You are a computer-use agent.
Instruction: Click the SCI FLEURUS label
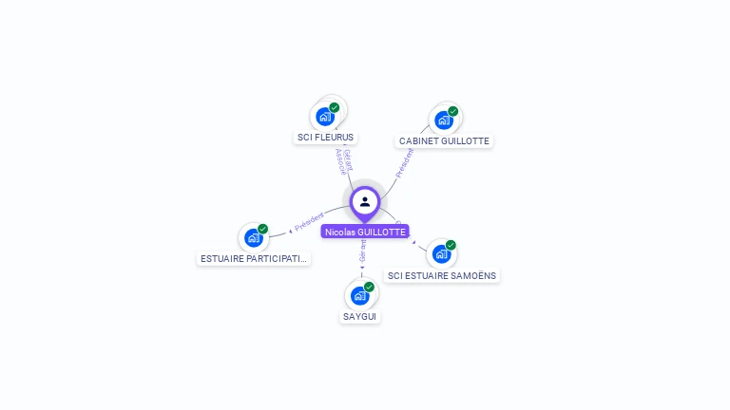pos(325,138)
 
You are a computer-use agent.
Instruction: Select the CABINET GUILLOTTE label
pos(444,141)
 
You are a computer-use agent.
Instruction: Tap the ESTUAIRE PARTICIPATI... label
pos(254,258)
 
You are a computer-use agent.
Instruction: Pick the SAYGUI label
pos(360,316)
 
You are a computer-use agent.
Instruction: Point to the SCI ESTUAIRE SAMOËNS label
pos(441,275)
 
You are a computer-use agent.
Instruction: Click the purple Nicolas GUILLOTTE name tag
pos(365,232)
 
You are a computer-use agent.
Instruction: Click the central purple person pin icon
pos(365,201)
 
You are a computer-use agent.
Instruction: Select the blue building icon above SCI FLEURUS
pos(325,117)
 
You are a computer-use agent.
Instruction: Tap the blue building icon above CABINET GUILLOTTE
pos(443,121)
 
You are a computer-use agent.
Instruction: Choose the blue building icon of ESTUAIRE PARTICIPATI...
pos(253,237)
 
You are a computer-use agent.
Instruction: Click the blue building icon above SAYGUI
pos(360,295)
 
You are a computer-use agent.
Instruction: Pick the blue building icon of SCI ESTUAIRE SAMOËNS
pos(440,254)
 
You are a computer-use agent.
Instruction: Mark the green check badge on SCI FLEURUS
pos(335,107)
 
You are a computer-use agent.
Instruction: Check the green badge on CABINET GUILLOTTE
pos(453,111)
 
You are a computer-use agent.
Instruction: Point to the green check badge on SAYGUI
pos(369,286)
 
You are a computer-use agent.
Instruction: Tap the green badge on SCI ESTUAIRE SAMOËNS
pos(451,245)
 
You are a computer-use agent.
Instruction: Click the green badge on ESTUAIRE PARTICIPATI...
pos(262,229)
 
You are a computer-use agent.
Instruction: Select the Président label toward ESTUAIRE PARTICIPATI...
pos(310,222)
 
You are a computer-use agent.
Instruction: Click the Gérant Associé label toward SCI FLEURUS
pos(344,160)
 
